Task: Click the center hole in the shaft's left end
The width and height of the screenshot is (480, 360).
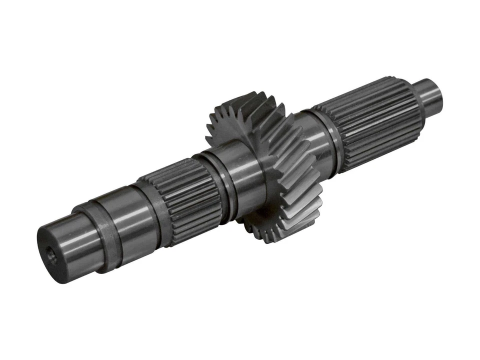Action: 51,254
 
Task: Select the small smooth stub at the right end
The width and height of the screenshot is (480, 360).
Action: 430,97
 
